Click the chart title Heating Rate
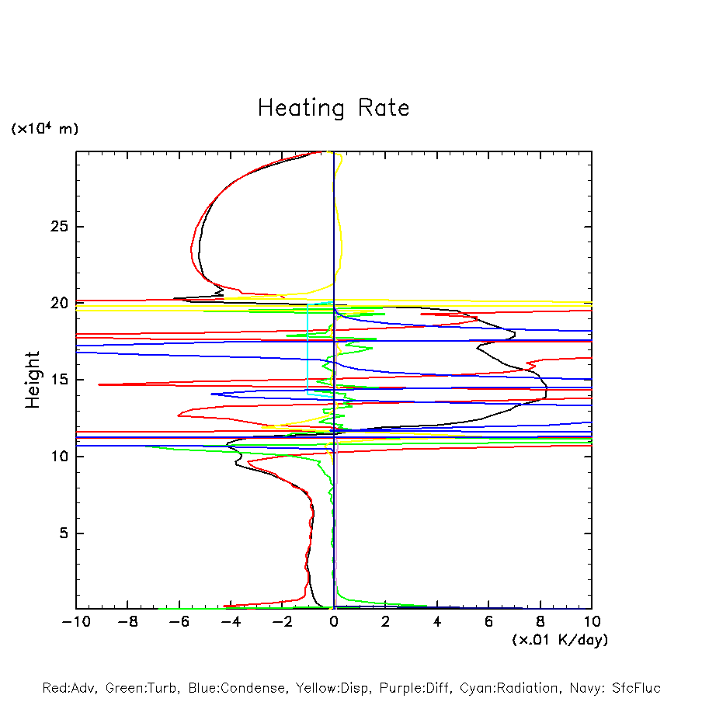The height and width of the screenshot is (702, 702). [x=333, y=107]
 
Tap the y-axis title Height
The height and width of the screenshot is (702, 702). [x=33, y=380]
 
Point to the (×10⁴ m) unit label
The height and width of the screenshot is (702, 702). [x=44, y=129]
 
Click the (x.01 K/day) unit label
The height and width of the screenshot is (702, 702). [x=560, y=640]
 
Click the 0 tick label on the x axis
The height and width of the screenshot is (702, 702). [x=334, y=621]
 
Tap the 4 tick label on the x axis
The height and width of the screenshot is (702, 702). [x=437, y=621]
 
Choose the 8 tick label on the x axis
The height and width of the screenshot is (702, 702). [x=540, y=621]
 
